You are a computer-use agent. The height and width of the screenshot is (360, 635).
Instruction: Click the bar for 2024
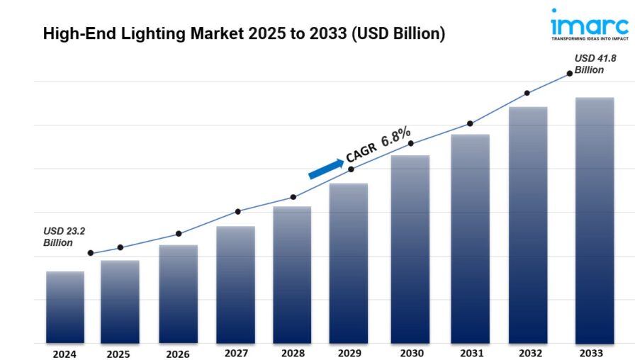coord(65,308)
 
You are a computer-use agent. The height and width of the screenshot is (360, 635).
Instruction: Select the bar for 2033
coord(594,220)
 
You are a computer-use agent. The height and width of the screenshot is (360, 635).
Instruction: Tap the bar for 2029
coord(349,264)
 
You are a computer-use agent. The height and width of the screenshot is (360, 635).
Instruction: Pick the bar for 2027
coord(236,285)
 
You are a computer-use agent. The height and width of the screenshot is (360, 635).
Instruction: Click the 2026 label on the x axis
coord(179,353)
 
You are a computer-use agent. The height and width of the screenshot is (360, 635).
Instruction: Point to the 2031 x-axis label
coord(470,352)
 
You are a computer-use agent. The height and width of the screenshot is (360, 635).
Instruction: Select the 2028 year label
coord(293,352)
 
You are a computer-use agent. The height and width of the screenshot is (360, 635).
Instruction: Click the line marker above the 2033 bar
coord(569,73)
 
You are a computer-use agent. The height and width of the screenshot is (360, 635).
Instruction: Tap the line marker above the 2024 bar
coord(91,253)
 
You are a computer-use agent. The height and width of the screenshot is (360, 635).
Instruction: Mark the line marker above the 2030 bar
coord(411,143)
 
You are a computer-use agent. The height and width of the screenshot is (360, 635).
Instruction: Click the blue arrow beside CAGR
coord(325,169)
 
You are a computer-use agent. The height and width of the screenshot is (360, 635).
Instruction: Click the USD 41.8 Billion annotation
coord(590,64)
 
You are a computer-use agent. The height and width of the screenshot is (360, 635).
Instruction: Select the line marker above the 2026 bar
coord(179,233)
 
